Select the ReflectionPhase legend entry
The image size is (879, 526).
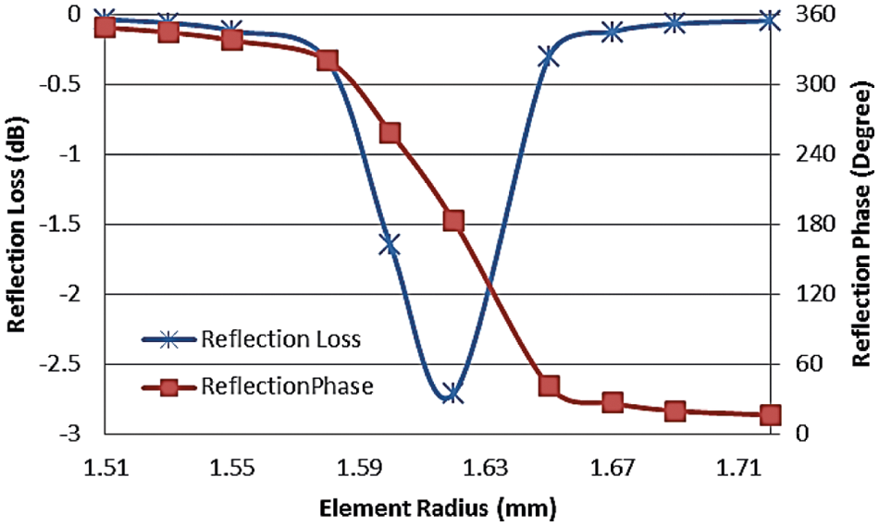click(x=286, y=387)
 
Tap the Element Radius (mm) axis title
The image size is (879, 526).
click(x=439, y=507)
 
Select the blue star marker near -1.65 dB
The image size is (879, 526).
click(x=390, y=245)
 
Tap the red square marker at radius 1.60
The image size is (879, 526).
click(x=390, y=133)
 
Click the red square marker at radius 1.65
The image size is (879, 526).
click(x=549, y=385)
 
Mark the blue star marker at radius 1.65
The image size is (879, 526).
click(x=548, y=57)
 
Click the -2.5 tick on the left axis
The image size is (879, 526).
click(x=71, y=363)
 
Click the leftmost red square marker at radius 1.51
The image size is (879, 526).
click(x=105, y=27)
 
